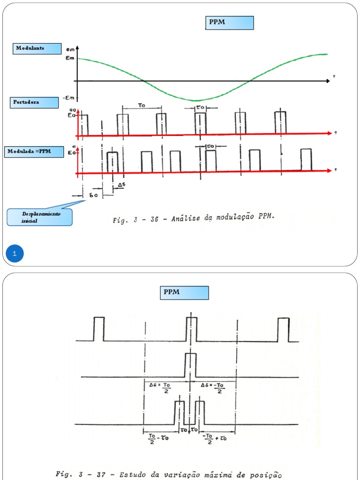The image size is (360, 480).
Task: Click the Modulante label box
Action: tap(37, 48)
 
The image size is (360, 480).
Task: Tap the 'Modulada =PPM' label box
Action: tap(34, 152)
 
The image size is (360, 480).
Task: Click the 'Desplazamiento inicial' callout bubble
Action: tap(40, 217)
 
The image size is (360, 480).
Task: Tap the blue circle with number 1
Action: tap(15, 254)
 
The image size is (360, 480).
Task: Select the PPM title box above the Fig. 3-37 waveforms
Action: tap(185, 293)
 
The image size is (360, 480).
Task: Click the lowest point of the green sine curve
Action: tap(196, 100)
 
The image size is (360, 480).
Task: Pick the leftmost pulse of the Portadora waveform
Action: tap(84, 125)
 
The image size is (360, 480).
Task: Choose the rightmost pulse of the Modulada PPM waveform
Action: tap(306, 159)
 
